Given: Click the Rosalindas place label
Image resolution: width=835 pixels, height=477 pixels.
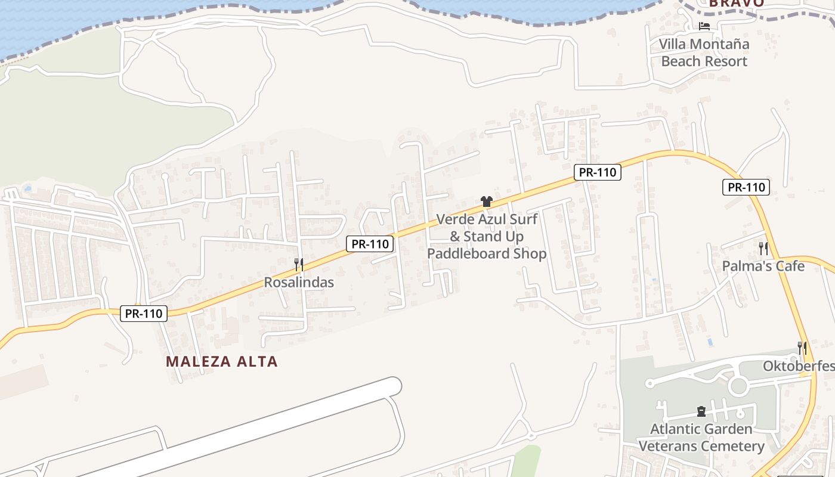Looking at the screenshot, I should pyautogui.click(x=299, y=282).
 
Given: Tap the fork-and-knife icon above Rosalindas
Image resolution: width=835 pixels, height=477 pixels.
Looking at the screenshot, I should pyautogui.click(x=299, y=264).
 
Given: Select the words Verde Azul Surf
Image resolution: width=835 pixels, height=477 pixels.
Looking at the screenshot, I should pyautogui.click(x=487, y=219).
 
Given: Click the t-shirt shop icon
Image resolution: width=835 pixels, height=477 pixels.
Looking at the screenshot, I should pyautogui.click(x=486, y=202).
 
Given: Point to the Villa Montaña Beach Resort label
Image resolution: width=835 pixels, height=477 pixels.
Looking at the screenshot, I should pyautogui.click(x=704, y=52).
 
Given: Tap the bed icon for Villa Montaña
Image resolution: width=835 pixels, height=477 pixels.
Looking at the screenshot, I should pyautogui.click(x=704, y=26).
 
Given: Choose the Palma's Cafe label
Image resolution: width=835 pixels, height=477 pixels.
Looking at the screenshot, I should pyautogui.click(x=763, y=266).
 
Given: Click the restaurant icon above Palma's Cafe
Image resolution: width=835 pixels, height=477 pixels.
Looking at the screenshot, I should pyautogui.click(x=763, y=248).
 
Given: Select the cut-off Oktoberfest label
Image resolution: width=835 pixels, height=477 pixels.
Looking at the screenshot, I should pyautogui.click(x=799, y=366).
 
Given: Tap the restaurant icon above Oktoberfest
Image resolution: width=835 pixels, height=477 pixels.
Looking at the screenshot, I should pyautogui.click(x=802, y=348).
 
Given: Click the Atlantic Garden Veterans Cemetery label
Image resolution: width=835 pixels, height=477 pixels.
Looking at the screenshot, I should pyautogui.click(x=701, y=437).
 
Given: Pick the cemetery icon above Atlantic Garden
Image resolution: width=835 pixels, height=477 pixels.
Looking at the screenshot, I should pyautogui.click(x=701, y=411).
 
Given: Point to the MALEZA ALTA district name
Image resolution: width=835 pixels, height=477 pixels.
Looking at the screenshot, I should pyautogui.click(x=222, y=361).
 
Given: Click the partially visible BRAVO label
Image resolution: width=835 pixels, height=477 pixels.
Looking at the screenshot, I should pyautogui.click(x=737, y=3).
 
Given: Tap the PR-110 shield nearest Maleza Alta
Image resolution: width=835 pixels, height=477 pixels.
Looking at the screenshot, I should pyautogui.click(x=144, y=313).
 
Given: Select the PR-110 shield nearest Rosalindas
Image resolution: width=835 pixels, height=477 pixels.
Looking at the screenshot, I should pyautogui.click(x=370, y=243).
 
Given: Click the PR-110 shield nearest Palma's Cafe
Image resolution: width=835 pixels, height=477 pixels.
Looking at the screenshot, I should pyautogui.click(x=746, y=187).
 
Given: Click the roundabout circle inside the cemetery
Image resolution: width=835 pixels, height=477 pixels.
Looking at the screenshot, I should pyautogui.click(x=738, y=386).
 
